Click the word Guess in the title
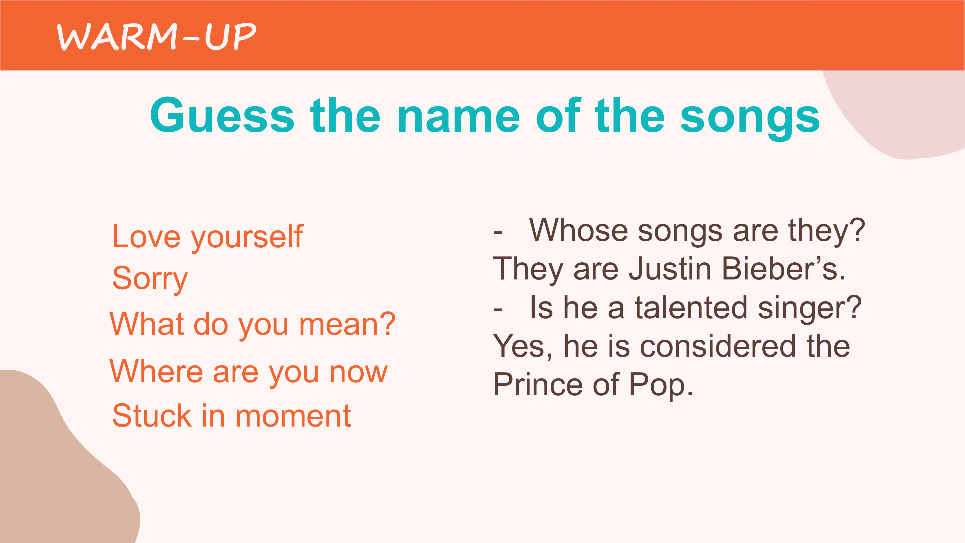(222, 116)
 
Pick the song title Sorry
(150, 279)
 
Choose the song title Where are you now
(248, 372)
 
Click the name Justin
(670, 269)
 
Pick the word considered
(718, 346)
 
